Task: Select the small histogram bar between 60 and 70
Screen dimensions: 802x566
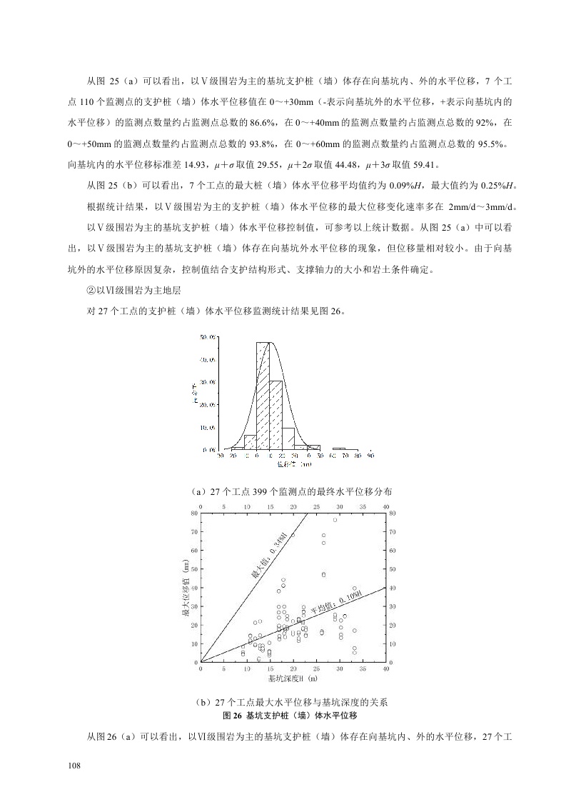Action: pos(339,448)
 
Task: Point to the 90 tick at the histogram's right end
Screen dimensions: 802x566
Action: pos(371,455)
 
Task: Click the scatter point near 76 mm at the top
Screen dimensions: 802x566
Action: pos(335,520)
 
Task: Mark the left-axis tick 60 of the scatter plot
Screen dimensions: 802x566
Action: pos(195,551)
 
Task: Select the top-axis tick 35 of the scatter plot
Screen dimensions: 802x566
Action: pos(363,506)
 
